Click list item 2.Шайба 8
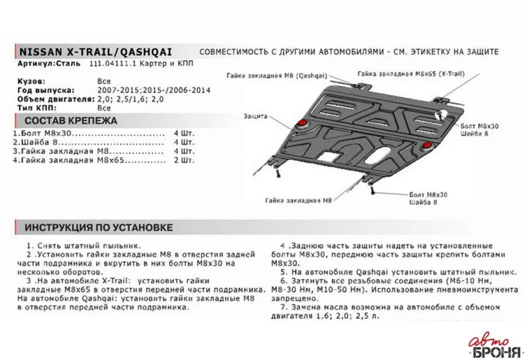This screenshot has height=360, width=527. [40, 142]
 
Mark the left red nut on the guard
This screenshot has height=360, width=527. [303, 122]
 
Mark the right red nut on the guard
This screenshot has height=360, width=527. [428, 144]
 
